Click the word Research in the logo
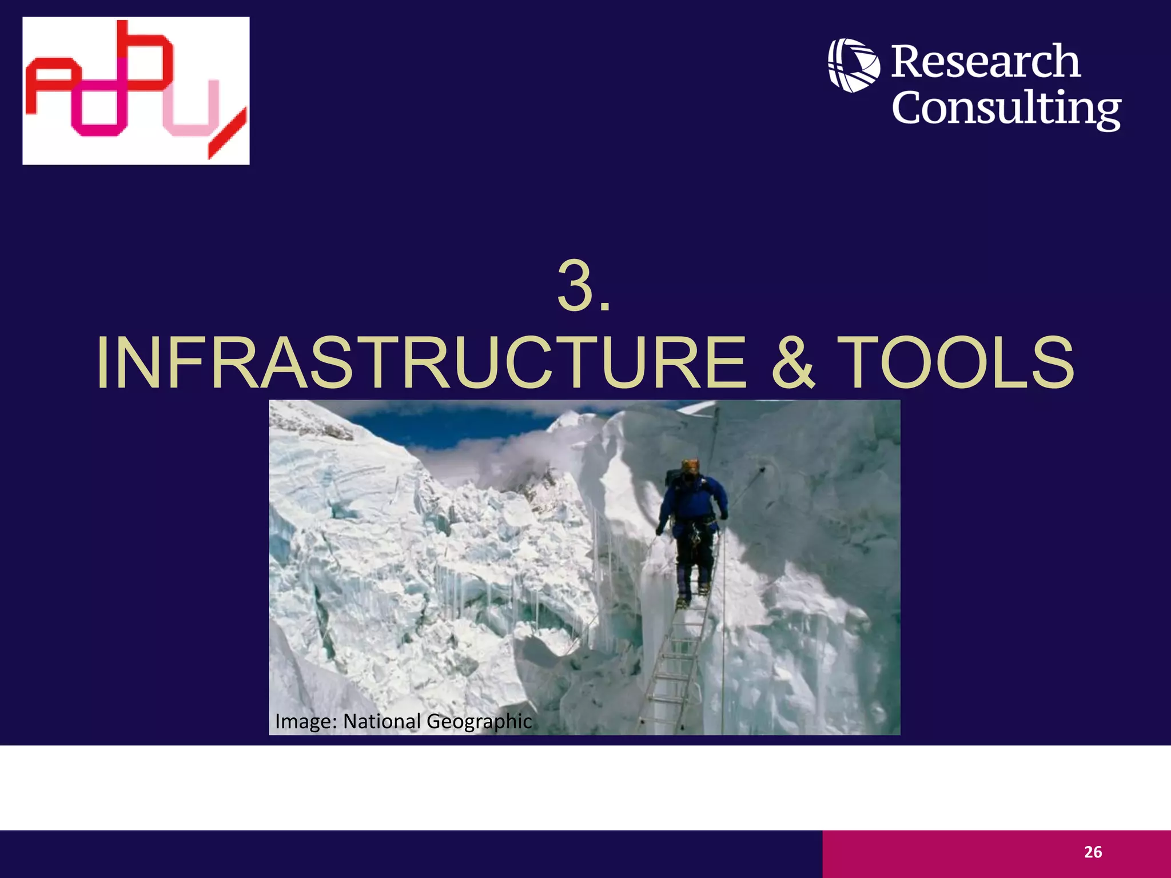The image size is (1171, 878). [986, 62]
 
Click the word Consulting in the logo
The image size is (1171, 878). [1006, 109]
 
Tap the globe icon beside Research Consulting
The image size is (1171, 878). [854, 65]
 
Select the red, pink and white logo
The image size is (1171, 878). [136, 90]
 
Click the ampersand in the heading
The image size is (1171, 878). [793, 364]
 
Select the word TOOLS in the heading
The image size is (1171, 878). [958, 364]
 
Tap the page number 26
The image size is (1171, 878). [1093, 852]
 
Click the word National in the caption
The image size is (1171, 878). [382, 721]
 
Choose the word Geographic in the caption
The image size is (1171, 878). [479, 721]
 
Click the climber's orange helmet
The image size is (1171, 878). [691, 465]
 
